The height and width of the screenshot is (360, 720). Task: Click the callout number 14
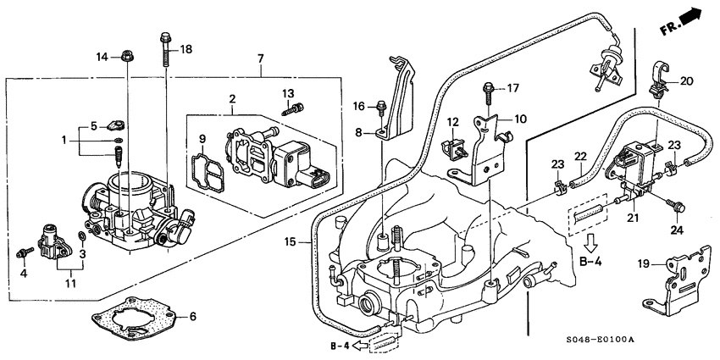pyautogui.click(x=102, y=57)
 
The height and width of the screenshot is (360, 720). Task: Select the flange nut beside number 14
pyautogui.click(x=125, y=58)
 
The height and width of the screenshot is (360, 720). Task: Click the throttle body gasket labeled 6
pyautogui.click(x=136, y=318)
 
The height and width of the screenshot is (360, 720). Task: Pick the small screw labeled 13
pyautogui.click(x=296, y=108)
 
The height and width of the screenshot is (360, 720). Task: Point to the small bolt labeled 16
pyautogui.click(x=381, y=107)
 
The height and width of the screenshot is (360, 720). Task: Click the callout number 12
pyautogui.click(x=454, y=122)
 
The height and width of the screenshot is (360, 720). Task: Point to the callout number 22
pyautogui.click(x=581, y=157)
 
